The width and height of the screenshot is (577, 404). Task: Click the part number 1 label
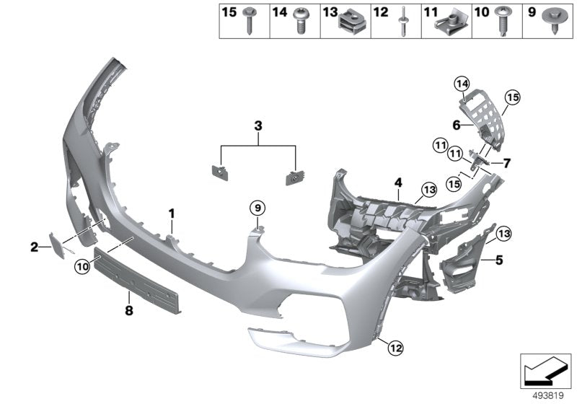tap(172, 213)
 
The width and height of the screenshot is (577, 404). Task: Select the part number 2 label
tap(34, 247)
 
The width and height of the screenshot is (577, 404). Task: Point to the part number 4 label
tap(397, 183)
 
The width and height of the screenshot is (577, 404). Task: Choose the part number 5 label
tap(497, 258)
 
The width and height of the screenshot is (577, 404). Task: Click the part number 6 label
tap(456, 124)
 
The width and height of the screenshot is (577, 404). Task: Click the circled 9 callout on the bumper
tap(257, 208)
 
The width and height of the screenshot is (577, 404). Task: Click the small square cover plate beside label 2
tap(55, 243)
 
